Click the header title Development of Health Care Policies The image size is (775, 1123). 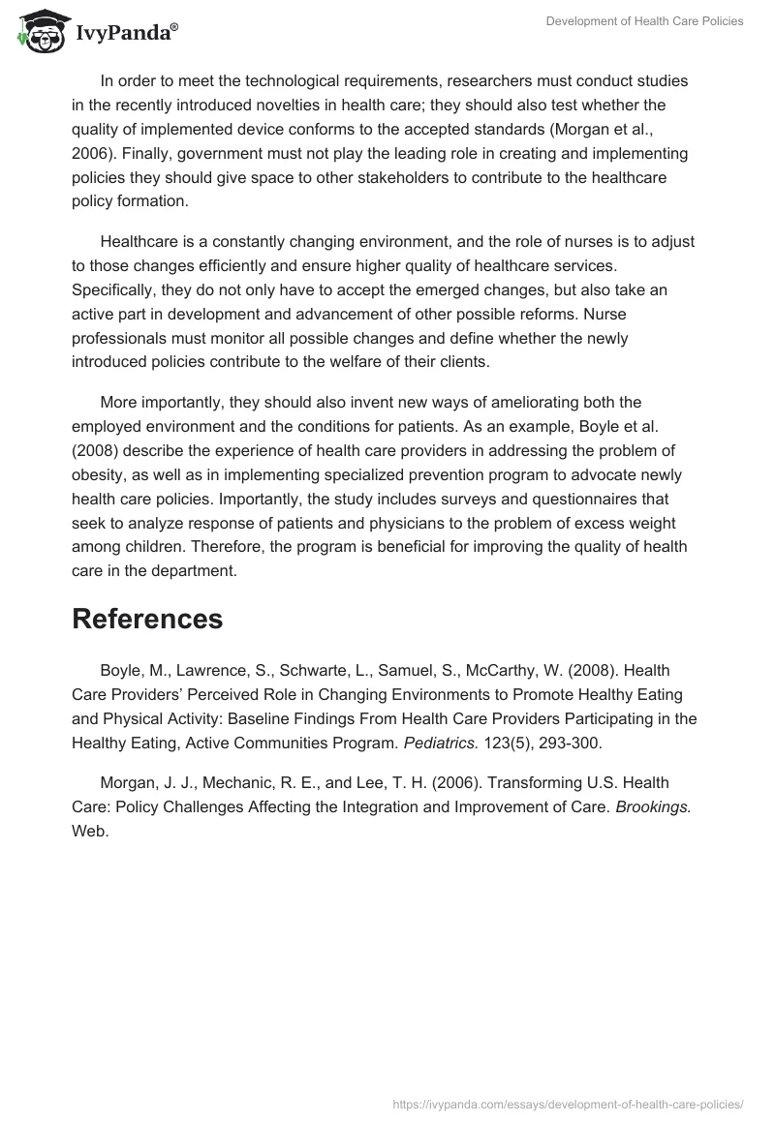[x=644, y=21]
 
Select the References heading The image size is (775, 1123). [x=147, y=619]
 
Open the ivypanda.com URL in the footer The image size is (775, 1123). [x=568, y=1104]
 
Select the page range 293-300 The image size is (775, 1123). [x=569, y=743]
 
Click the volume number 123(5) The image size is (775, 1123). [x=508, y=743]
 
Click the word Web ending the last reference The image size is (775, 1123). [x=89, y=831]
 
